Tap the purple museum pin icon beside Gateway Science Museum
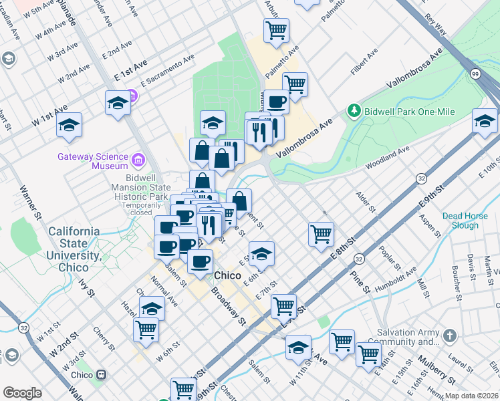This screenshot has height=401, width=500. tap(138, 160)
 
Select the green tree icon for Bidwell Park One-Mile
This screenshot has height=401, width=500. tap(353, 110)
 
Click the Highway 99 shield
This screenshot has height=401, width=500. tap(475, 73)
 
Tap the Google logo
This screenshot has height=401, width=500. tap(22, 393)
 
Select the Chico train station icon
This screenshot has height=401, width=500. tap(102, 375)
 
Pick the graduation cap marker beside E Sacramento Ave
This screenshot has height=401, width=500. tap(117, 104)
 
